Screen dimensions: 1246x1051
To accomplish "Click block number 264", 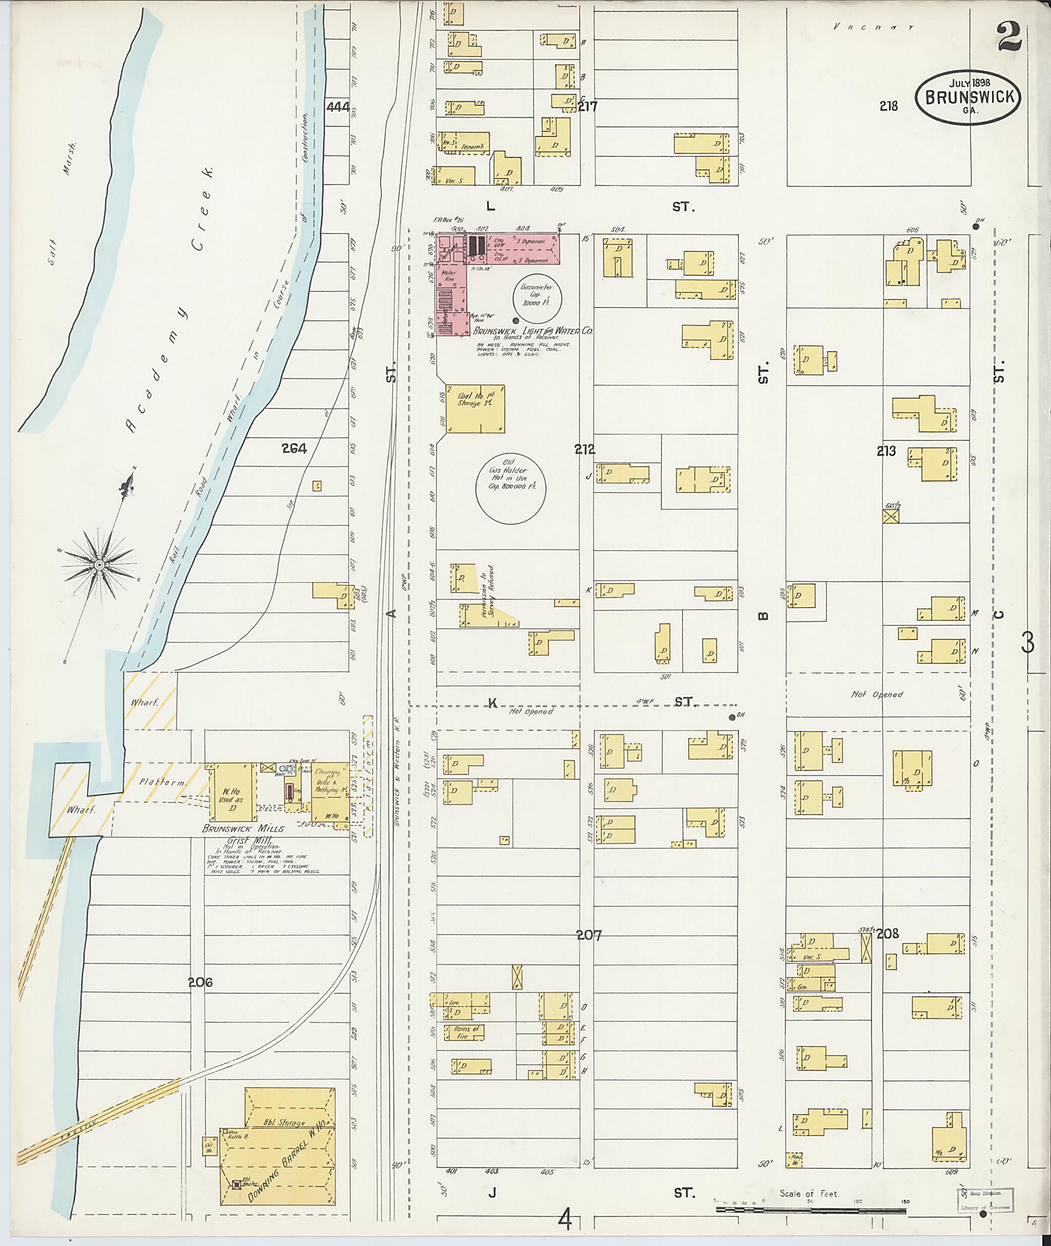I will point(295,448).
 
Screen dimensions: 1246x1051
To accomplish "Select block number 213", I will point(886,451).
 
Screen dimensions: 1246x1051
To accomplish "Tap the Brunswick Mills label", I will point(243,828).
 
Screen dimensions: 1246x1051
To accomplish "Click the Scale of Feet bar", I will point(810,1210).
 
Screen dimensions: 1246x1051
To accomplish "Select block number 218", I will point(888,106).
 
